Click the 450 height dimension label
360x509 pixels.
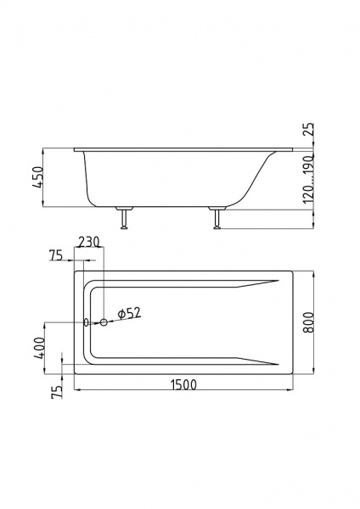pos(38,177)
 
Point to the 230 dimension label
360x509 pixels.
pos(88,242)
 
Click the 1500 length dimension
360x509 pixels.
pos(183,384)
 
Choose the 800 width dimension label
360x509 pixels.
pos(309,322)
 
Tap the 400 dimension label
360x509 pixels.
pos(39,348)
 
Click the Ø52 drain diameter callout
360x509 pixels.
pos(129,313)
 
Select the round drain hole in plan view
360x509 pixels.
pos(104,322)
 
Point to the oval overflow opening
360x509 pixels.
pos(86,322)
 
